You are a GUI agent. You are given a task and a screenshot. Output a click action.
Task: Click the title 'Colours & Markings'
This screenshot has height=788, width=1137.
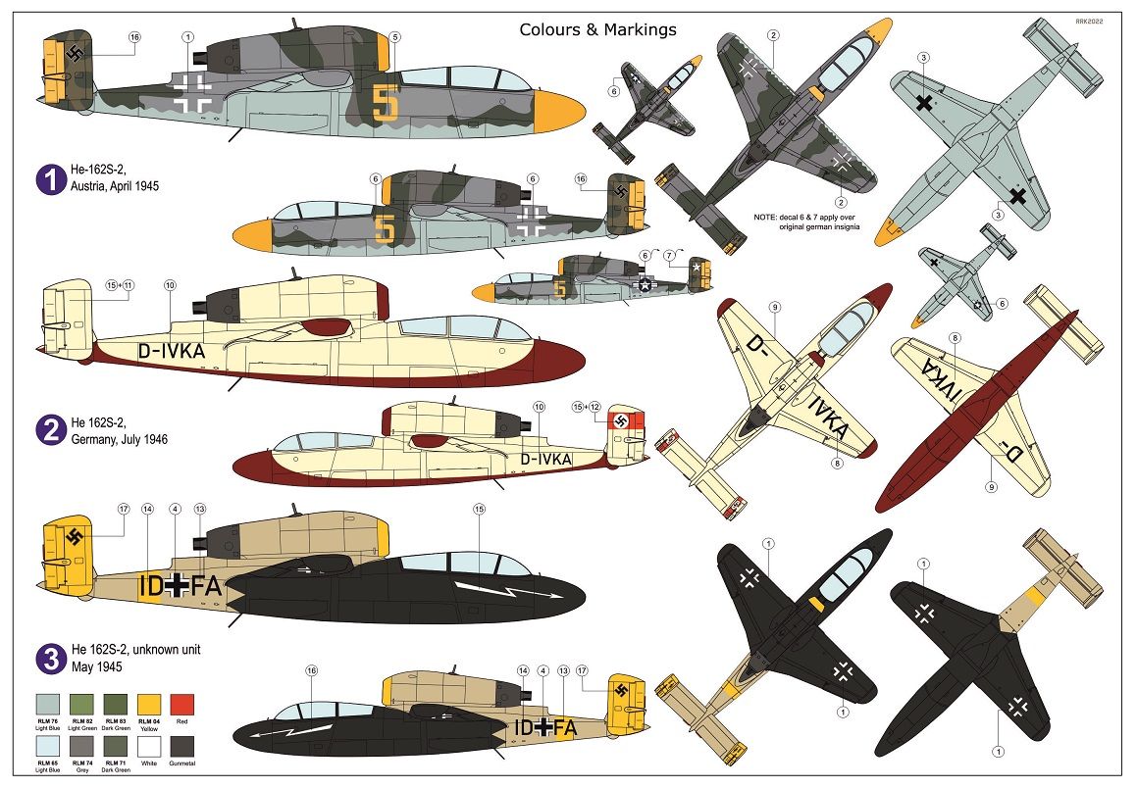[597, 29]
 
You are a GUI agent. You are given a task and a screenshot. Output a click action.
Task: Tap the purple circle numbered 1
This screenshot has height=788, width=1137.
[49, 178]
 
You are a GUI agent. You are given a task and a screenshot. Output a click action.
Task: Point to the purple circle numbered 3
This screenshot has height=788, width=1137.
[49, 660]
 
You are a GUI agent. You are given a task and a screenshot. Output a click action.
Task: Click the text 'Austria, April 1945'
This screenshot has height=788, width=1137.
[116, 186]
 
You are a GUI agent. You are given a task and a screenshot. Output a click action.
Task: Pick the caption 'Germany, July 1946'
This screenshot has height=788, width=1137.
[118, 440]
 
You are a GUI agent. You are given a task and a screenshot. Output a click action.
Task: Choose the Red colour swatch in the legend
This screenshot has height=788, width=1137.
[182, 705]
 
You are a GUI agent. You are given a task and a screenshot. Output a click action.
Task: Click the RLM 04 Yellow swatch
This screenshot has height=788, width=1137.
[149, 705]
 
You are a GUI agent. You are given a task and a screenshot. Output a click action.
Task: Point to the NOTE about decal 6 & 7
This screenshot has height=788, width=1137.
[805, 221]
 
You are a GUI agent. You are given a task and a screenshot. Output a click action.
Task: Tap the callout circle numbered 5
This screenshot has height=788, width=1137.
[394, 37]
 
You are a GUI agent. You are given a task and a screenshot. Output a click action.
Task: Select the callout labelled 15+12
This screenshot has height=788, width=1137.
[587, 406]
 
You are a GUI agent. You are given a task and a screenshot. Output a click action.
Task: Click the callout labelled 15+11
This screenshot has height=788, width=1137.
[120, 285]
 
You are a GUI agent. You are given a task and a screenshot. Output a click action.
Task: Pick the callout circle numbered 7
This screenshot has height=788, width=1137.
[671, 256]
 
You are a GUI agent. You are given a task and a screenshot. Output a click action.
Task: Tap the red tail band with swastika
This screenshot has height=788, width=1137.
[624, 422]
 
